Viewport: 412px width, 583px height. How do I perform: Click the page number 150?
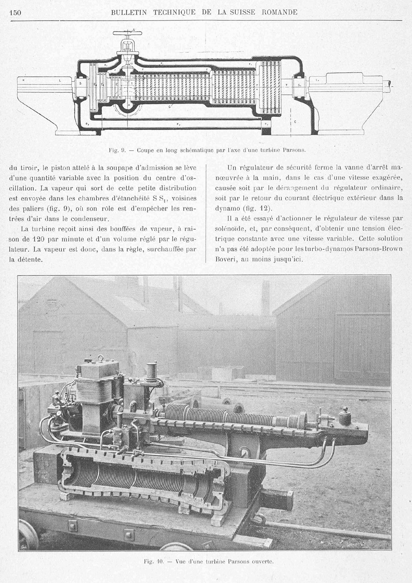(15, 12)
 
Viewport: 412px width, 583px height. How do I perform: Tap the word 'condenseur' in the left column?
(91, 219)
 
